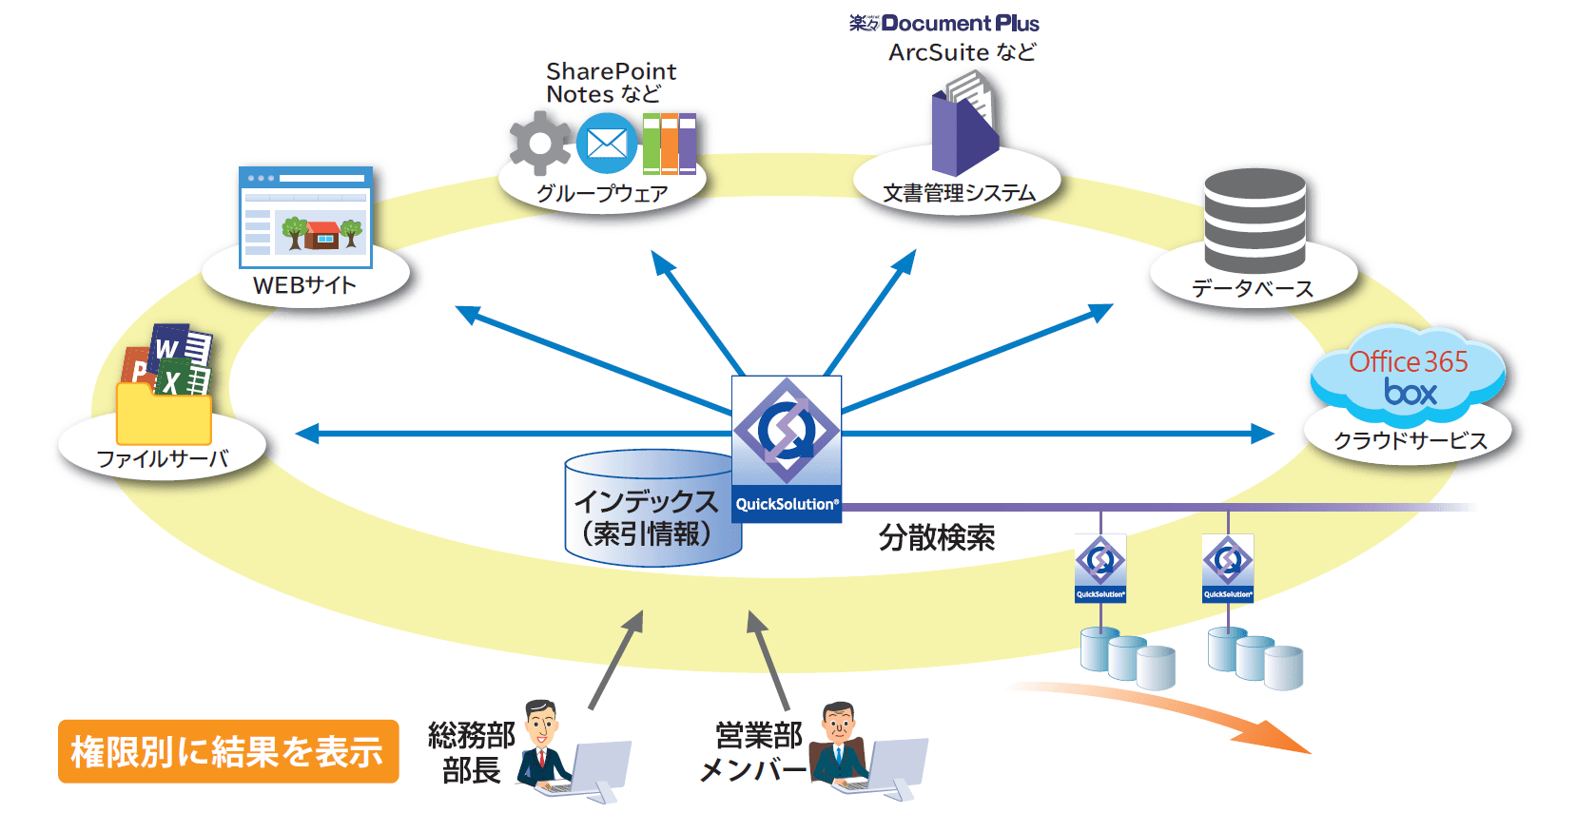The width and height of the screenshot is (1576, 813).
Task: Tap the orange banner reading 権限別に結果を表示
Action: pos(228,751)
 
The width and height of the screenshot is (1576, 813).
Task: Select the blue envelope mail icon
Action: pos(606,144)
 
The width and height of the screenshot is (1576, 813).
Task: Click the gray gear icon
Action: pos(539,144)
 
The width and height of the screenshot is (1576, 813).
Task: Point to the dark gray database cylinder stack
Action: pos(1255,221)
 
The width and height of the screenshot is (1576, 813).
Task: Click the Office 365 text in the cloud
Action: pos(1408,362)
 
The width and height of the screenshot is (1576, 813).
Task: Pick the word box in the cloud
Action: pos(1411,393)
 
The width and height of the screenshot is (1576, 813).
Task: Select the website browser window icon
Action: pos(305,218)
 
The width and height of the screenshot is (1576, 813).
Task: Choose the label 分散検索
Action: pos(937,538)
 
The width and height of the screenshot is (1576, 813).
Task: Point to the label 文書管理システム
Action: pos(959,193)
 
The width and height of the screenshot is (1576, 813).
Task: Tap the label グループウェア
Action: pos(602,194)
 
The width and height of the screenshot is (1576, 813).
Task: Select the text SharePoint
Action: pos(612,71)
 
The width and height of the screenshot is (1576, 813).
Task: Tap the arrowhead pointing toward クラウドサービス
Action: pos(1262,434)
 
